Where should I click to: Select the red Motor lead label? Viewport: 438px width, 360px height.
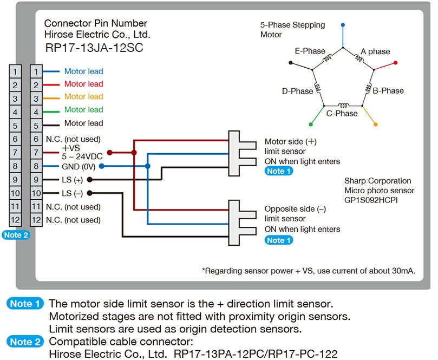83,84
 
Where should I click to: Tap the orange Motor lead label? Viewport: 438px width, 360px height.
83,97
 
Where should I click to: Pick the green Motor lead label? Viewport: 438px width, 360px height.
83,110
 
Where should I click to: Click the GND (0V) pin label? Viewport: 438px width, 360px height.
78,166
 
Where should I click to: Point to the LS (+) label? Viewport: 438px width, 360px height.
72,179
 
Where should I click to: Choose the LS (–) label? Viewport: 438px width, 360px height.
72,193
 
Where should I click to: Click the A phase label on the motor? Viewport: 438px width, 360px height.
375,51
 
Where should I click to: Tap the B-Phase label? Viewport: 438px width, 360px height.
388,90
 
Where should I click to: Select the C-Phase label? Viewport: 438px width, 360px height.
342,114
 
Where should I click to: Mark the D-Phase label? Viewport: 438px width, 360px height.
297,91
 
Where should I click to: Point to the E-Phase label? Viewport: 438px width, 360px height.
310,51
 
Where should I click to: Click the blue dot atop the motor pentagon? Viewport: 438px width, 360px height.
342,25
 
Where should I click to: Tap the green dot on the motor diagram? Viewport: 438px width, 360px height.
310,124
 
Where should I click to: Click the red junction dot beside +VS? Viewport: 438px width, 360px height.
109,153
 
